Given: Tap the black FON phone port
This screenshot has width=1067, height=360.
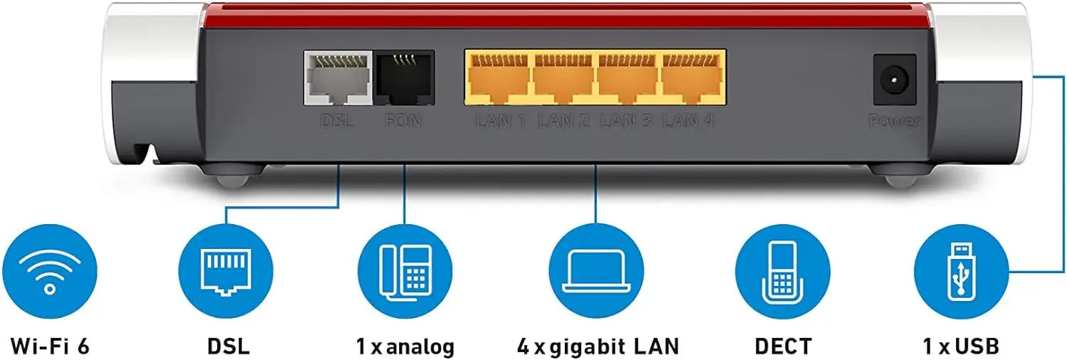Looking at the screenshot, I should click(404, 78).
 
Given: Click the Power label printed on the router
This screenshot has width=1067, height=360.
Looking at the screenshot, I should click(894, 122).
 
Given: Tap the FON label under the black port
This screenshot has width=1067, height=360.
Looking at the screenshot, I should click(403, 121).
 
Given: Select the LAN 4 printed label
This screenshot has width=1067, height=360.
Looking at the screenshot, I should click(689, 121).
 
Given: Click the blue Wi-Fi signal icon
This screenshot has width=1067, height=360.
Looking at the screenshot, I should click(49, 271).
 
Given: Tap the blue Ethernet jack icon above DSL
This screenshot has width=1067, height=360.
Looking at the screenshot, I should click(225, 271).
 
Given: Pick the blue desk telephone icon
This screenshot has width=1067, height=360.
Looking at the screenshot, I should click(405, 271).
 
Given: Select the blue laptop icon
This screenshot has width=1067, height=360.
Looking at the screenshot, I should click(597, 271).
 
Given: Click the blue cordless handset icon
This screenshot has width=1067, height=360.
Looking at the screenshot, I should click(782, 271).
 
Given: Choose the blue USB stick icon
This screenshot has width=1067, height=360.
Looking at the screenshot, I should click(961, 271).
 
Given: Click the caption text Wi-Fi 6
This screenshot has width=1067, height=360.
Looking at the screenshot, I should click(50, 346).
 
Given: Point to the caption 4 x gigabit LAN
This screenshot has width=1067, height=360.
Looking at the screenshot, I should click(598, 346).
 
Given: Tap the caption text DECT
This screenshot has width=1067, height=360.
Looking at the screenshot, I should click(782, 346).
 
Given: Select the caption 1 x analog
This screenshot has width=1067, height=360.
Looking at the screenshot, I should click(405, 346).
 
